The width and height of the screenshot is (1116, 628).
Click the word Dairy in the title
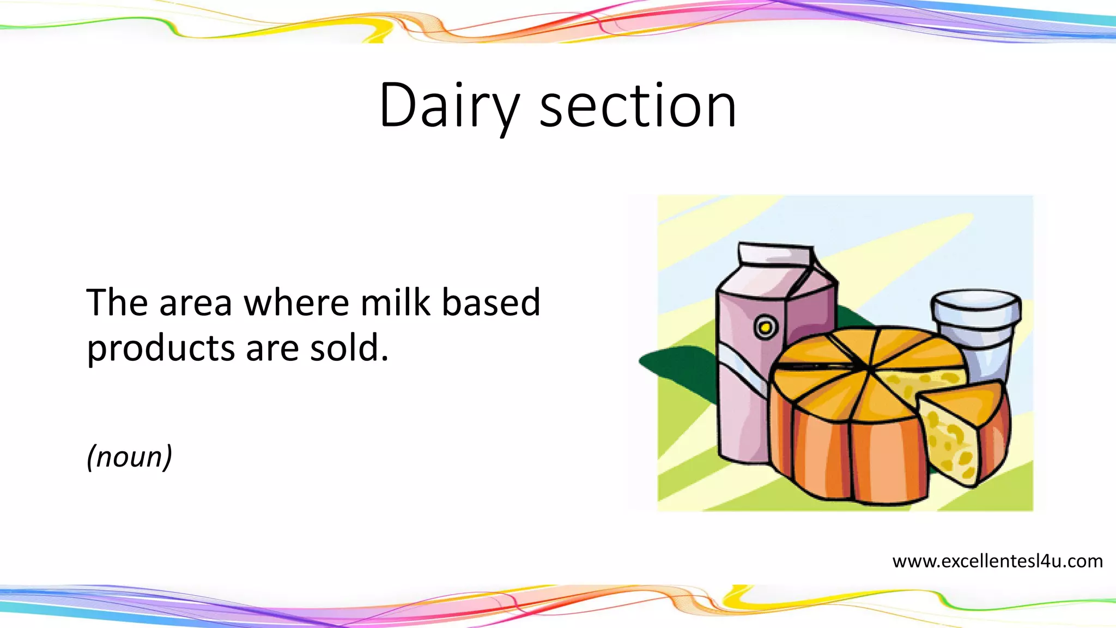point(448,106)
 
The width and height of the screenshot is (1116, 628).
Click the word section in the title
point(638,106)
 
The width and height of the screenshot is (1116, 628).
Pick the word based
point(490,303)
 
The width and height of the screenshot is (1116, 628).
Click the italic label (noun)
point(129,457)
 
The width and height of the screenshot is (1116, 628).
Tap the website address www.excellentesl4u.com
point(997,561)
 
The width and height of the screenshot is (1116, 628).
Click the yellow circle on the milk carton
point(766,327)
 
